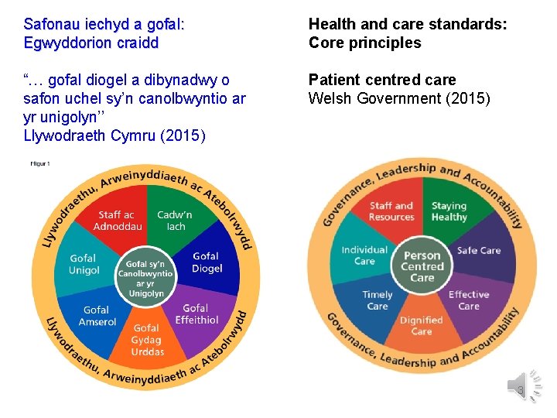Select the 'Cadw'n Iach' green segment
coord(176,220)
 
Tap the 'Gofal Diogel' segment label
coord(207,262)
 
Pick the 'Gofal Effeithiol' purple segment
coord(196,313)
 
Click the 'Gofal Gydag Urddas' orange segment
coord(147,340)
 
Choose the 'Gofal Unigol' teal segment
coord(84,264)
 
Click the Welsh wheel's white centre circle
coord(145,278)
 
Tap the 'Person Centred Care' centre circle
coord(422,266)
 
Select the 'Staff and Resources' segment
coord(391,211)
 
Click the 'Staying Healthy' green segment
coord(449,211)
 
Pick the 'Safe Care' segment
coord(479,251)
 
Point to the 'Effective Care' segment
coord(469,300)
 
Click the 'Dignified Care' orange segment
coord(422,326)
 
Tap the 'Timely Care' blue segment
coord(378,300)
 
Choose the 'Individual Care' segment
coord(364,255)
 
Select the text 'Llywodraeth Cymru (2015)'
coord(114,136)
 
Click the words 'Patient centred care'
coord(382,80)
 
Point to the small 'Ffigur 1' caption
coord(39,163)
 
